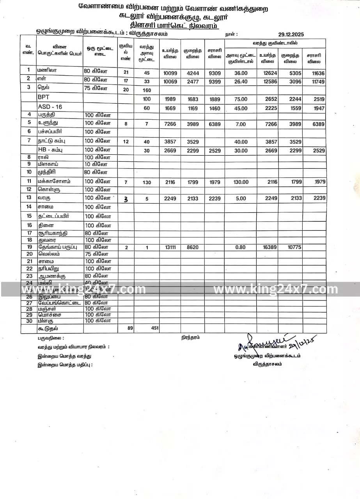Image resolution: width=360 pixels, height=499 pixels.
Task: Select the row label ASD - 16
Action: coord(50,107)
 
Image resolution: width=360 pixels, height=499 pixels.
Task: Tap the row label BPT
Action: coord(44,97)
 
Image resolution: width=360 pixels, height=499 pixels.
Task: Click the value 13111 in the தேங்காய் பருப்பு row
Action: coord(170,248)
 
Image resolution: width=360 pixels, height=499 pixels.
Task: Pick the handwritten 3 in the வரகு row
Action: coord(126,200)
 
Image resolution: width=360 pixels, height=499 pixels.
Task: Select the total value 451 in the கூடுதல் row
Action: coord(154,328)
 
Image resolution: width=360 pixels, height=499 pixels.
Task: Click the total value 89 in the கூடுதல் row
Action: coord(130,328)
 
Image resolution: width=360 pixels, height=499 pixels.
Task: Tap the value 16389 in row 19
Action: coord(267,248)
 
